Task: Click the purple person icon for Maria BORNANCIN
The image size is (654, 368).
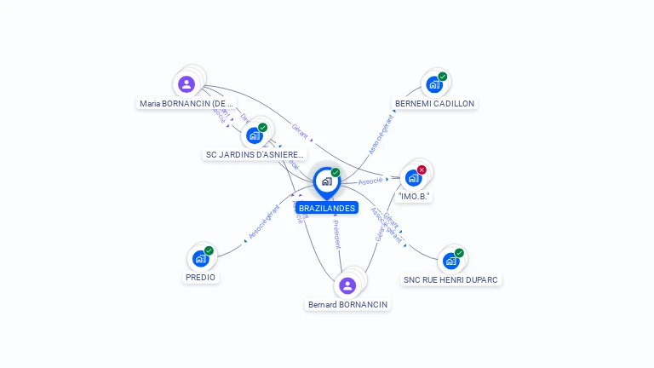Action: (x=186, y=83)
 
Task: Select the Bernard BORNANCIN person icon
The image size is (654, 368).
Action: (x=347, y=285)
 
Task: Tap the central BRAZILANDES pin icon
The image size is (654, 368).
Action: (x=326, y=181)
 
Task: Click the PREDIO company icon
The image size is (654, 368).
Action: (x=200, y=257)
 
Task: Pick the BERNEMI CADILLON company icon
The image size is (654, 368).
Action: (x=434, y=83)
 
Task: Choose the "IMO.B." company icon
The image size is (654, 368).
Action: (x=414, y=177)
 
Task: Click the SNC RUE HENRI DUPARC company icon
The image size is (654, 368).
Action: (x=450, y=260)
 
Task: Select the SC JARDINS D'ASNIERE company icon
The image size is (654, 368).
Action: (x=254, y=135)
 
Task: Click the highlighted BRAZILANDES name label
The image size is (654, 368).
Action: (x=327, y=208)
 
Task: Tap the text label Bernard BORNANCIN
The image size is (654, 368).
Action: (x=347, y=304)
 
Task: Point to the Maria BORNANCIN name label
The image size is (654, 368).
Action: (x=186, y=103)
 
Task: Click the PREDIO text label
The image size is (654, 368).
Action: (x=201, y=277)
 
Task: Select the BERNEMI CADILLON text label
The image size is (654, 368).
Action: (x=434, y=103)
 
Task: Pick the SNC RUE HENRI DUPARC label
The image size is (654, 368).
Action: (x=451, y=279)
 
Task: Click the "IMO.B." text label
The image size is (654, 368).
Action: (x=415, y=196)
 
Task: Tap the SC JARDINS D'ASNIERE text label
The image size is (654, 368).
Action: (x=255, y=154)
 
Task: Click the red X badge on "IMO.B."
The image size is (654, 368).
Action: (x=422, y=170)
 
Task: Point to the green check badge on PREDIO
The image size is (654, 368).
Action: (x=209, y=250)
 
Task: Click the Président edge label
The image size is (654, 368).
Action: (x=336, y=233)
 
